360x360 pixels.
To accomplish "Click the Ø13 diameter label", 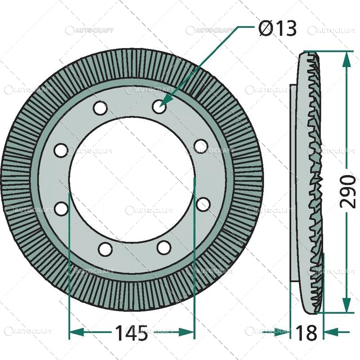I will coord(278,29).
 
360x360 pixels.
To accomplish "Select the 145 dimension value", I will coord(131,333).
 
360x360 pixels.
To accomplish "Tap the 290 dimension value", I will coord(348,191).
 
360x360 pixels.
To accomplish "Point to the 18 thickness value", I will coord(306,333).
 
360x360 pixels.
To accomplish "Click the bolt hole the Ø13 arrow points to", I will coord(158,107).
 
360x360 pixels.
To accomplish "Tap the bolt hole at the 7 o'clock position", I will coord(105,249).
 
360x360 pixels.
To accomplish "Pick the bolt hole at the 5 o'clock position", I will coord(164,247).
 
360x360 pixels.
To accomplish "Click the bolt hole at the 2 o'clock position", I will coord(201,146).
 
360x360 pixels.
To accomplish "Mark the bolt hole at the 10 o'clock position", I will coord(61,150).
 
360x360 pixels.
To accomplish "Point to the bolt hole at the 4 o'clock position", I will coord(203,204).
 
